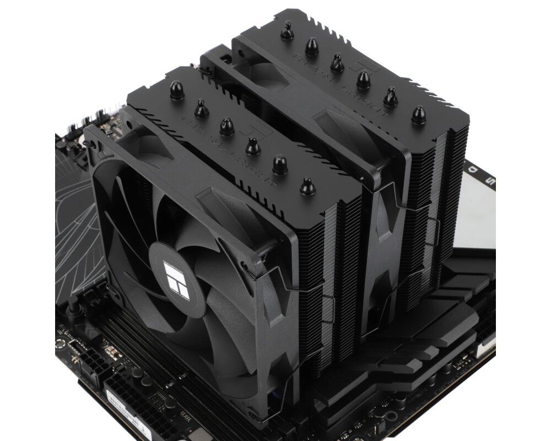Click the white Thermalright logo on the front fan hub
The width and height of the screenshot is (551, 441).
tap(176, 279)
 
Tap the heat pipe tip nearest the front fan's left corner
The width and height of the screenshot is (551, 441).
tap(177, 90)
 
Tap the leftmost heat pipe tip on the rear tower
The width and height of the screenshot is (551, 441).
tap(287, 31)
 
